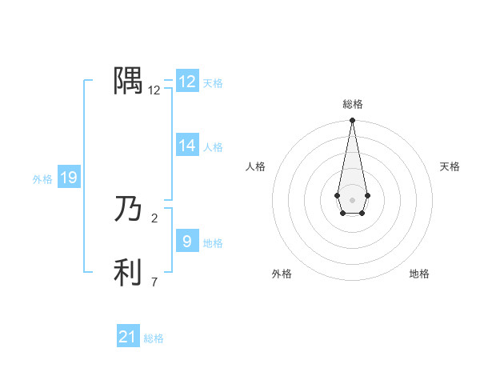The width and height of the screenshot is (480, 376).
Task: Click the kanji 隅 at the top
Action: click(x=128, y=81)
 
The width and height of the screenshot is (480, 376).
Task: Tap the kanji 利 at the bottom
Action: click(x=128, y=272)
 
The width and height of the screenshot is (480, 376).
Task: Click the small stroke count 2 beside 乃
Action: click(x=154, y=217)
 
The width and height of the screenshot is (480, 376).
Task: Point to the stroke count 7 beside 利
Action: click(x=154, y=282)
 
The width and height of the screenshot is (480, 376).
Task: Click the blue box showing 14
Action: click(x=187, y=146)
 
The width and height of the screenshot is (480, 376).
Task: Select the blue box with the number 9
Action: click(x=187, y=242)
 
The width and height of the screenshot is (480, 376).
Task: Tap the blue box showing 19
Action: click(x=69, y=178)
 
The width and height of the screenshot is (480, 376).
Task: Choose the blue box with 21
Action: click(x=128, y=337)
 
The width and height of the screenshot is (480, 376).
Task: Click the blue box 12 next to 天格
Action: click(x=187, y=82)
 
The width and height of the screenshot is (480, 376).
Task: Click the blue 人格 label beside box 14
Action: click(x=213, y=147)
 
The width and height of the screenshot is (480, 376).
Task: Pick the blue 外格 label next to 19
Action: click(x=42, y=179)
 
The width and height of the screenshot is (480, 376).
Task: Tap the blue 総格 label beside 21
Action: click(x=154, y=338)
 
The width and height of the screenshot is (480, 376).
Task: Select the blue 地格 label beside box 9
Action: click(x=213, y=243)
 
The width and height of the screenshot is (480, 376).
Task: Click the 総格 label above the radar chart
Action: click(x=352, y=104)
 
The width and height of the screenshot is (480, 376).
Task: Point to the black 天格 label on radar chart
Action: click(x=450, y=166)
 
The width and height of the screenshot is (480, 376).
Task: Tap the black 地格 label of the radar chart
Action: click(x=419, y=274)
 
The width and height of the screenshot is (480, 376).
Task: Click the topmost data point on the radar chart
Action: click(x=352, y=121)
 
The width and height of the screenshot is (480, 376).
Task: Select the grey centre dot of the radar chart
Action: click(x=352, y=199)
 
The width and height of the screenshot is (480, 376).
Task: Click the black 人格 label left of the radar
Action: click(x=256, y=166)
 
